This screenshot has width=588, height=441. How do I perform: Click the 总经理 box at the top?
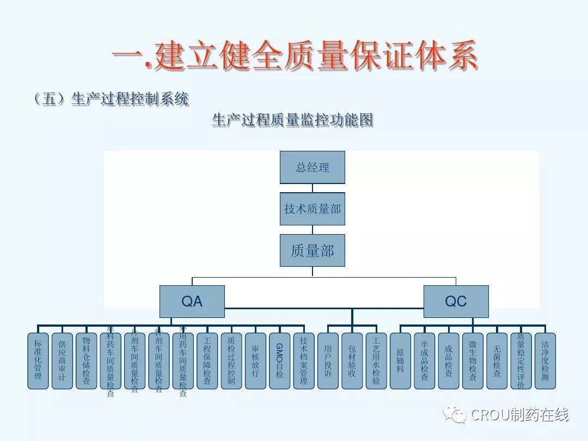click(313, 167)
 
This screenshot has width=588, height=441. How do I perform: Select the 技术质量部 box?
click(313, 209)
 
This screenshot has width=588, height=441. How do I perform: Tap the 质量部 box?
click(313, 250)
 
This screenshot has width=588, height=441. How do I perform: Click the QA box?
click(192, 301)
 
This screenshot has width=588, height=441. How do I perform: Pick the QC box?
click(456, 301)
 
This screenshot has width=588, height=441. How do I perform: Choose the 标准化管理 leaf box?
click(38, 360)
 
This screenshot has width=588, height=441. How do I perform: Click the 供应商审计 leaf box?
click(62, 360)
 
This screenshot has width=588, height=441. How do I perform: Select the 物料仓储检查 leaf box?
click(86, 360)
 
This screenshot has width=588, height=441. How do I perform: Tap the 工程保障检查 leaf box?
click(207, 360)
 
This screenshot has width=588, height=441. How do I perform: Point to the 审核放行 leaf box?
click(255, 360)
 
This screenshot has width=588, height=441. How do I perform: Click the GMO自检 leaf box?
click(279, 360)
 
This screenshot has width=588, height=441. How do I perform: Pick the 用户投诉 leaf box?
click(328, 360)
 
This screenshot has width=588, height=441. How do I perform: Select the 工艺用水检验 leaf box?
click(376, 360)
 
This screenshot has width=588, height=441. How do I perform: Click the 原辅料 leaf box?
click(400, 360)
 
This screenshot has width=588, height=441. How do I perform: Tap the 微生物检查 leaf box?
click(473, 360)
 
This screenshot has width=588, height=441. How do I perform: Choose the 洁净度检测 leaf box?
click(545, 360)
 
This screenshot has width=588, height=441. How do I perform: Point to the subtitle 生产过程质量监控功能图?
click(292, 120)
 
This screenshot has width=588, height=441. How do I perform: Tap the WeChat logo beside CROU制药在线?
click(455, 415)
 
